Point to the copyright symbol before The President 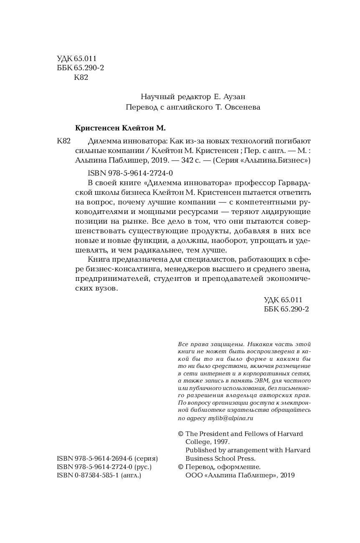tap(180, 434)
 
